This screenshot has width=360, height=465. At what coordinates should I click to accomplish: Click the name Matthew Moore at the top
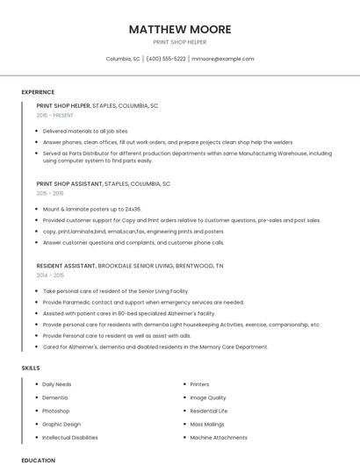(x=180, y=29)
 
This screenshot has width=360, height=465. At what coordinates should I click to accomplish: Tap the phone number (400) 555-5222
(x=166, y=59)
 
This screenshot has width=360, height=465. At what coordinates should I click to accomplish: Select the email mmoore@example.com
(x=223, y=59)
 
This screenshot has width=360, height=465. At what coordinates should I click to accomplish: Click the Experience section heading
(x=38, y=92)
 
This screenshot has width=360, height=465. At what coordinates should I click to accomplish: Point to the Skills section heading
(x=31, y=368)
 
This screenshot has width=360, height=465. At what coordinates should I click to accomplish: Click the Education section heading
(x=38, y=460)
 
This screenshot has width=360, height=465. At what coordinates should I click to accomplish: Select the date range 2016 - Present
(x=55, y=115)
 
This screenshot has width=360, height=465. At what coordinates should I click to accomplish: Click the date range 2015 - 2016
(x=50, y=193)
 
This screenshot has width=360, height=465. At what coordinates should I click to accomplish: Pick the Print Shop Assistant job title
(x=69, y=183)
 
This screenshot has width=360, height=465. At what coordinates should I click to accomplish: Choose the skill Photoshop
(x=55, y=411)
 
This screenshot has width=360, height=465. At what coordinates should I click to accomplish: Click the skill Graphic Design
(x=61, y=424)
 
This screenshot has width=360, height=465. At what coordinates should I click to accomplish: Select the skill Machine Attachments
(x=220, y=437)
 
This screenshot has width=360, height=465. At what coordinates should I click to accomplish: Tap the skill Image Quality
(x=208, y=397)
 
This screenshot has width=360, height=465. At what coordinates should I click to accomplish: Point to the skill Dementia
(x=54, y=397)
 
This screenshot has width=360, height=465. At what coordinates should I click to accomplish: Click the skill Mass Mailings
(x=207, y=424)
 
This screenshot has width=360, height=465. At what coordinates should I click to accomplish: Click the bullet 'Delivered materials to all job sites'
(x=85, y=131)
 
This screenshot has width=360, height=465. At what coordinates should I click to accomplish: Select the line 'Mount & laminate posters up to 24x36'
(x=91, y=209)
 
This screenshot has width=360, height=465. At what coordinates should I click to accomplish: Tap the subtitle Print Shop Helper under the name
(x=180, y=41)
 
